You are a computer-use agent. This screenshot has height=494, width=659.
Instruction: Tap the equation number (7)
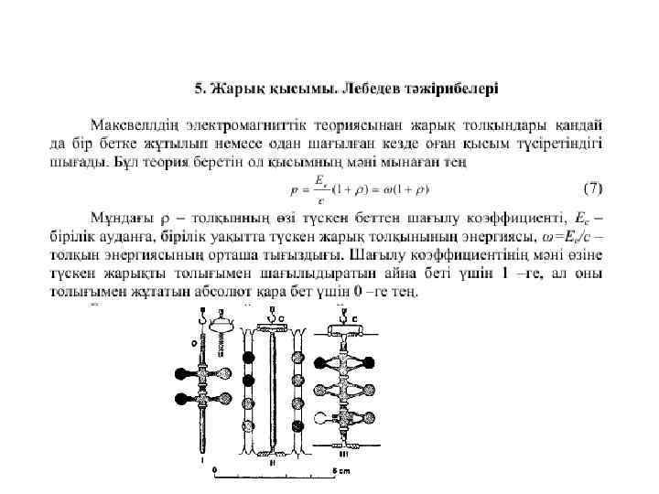point(593,189)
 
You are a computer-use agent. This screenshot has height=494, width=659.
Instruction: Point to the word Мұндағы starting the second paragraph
point(120,218)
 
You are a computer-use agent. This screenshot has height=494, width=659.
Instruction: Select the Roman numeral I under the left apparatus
point(202,460)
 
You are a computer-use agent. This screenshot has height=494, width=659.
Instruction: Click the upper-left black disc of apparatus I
point(182,374)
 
